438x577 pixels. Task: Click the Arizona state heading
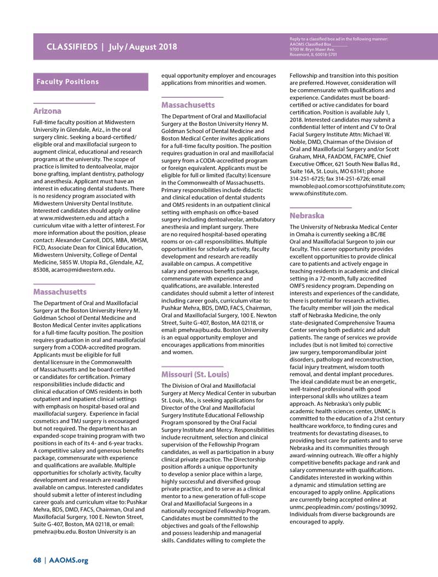[x=47, y=111]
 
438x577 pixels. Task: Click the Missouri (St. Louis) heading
[x=195, y=375]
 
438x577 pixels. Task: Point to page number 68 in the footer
[x=37, y=560]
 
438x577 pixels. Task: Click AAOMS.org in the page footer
[x=68, y=560]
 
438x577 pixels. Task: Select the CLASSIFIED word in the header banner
[x=71, y=46]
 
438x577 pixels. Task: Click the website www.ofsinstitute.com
[x=318, y=193]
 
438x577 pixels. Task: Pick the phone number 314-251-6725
[x=306, y=179]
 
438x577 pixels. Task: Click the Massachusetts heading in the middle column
[x=188, y=105]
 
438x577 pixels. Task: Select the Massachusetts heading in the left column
[x=60, y=292]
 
